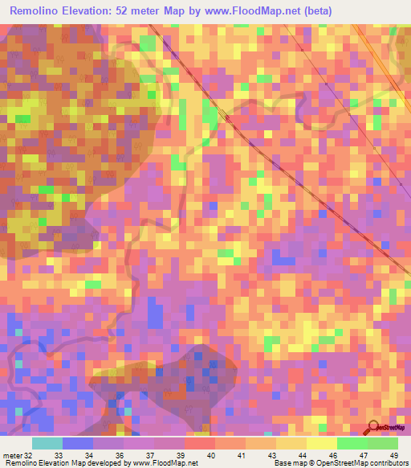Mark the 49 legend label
(x=393, y=455)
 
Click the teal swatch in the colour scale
(x=47, y=443)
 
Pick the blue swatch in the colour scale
(x=78, y=443)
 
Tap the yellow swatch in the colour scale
(x=322, y=443)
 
